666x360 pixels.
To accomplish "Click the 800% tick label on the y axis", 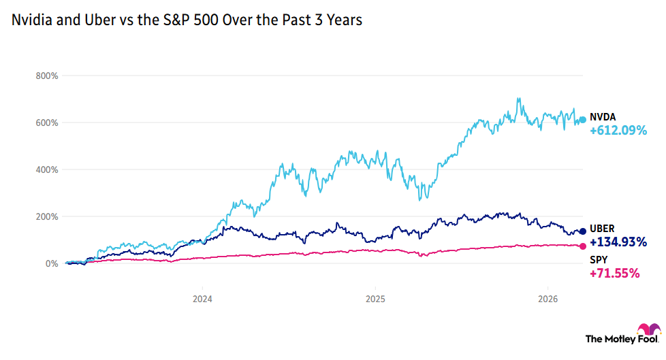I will (x=47, y=76).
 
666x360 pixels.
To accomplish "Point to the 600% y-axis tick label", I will (x=47, y=122).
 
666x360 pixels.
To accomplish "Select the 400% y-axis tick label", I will (x=47, y=169).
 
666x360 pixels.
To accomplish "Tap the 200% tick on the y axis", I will (x=47, y=216).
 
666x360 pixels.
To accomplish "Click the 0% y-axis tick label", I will (x=51, y=263).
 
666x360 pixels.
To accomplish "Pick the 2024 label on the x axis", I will (x=202, y=298).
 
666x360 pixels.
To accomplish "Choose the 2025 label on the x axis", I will (x=375, y=298).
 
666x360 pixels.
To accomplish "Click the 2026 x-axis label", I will (x=549, y=298).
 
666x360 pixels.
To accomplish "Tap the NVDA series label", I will (x=603, y=117).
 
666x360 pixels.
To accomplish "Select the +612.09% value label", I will (x=618, y=131).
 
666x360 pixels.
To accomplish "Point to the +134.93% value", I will (x=618, y=242).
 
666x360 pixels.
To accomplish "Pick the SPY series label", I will (x=598, y=260).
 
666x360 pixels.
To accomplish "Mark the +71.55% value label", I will (x=614, y=274).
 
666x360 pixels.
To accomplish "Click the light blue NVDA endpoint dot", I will (x=582, y=120).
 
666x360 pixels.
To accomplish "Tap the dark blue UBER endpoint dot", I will (x=582, y=232).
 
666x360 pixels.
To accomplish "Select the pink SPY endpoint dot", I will (x=582, y=246).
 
